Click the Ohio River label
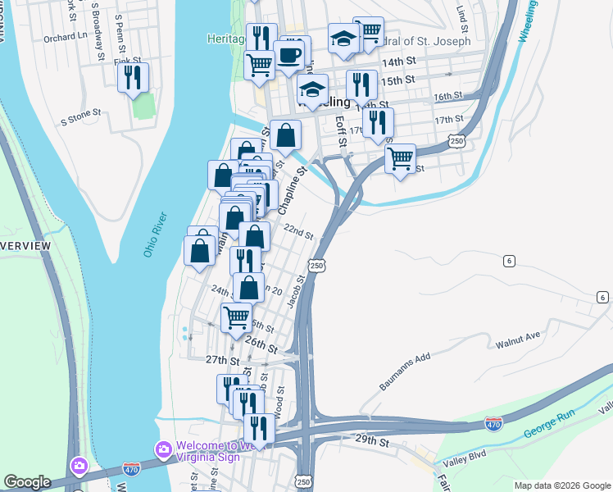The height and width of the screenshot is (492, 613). click(x=155, y=235)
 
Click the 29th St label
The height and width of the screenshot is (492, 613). click(x=372, y=441)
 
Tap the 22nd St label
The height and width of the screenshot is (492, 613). click(x=298, y=233)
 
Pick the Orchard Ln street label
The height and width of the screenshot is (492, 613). click(x=66, y=37)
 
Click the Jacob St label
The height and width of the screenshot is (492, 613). click(x=296, y=291)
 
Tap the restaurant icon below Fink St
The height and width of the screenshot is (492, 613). click(x=132, y=77)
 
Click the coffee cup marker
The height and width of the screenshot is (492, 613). click(x=288, y=55)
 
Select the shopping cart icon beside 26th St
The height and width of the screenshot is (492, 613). click(x=237, y=317)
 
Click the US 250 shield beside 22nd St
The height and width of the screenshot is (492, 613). click(x=317, y=265)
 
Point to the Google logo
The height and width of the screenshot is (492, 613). click(x=27, y=481)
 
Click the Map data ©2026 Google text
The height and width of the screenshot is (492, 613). click(x=562, y=485)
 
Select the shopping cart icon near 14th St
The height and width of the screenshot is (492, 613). click(x=260, y=64)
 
